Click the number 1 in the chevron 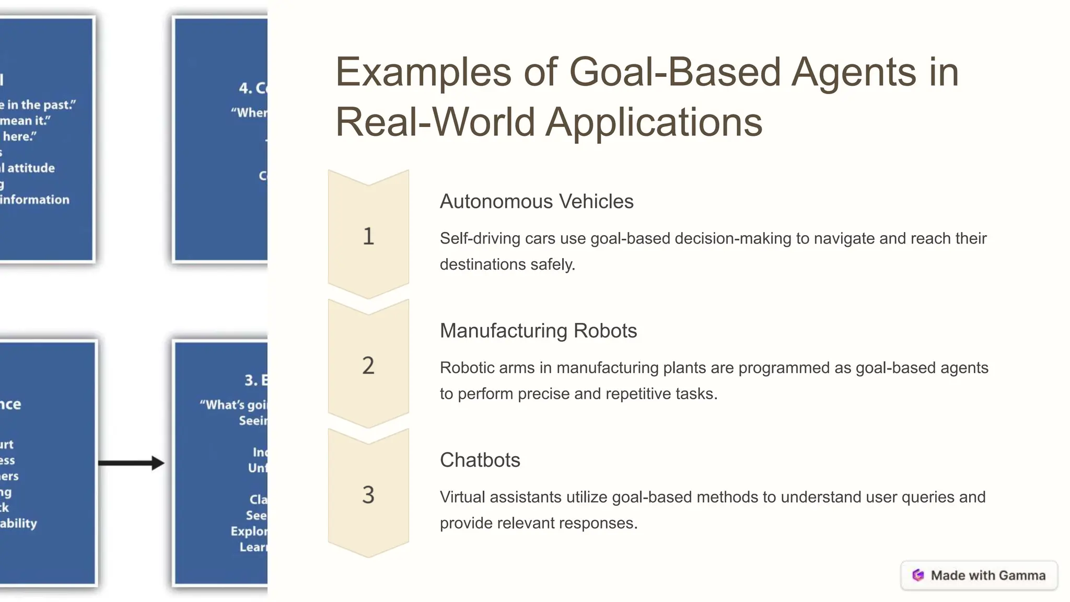click(x=368, y=236)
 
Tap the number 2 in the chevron click(x=368, y=365)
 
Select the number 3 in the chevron click(x=368, y=494)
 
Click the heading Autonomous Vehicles click(x=537, y=201)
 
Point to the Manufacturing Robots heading click(x=538, y=331)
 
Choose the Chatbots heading click(x=480, y=460)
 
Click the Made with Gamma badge click(x=979, y=575)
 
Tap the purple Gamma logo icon click(x=918, y=575)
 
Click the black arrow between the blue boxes click(x=131, y=463)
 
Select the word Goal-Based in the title click(x=674, y=72)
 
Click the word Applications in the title click(x=654, y=122)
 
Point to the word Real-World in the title click(x=435, y=122)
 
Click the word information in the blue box click(x=35, y=200)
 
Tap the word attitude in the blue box click(x=31, y=168)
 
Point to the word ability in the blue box click(x=19, y=523)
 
